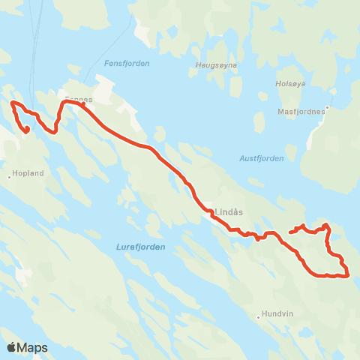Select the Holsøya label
click(288, 83)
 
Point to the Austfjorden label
click(262, 157)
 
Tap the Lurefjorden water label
click(140, 246)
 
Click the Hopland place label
click(28, 172)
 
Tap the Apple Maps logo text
click(32, 347)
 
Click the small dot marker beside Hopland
click(10, 177)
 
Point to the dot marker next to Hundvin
click(258, 316)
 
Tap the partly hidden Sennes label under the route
click(78, 98)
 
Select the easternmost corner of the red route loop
click(349, 275)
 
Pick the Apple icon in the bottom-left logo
click(11, 347)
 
